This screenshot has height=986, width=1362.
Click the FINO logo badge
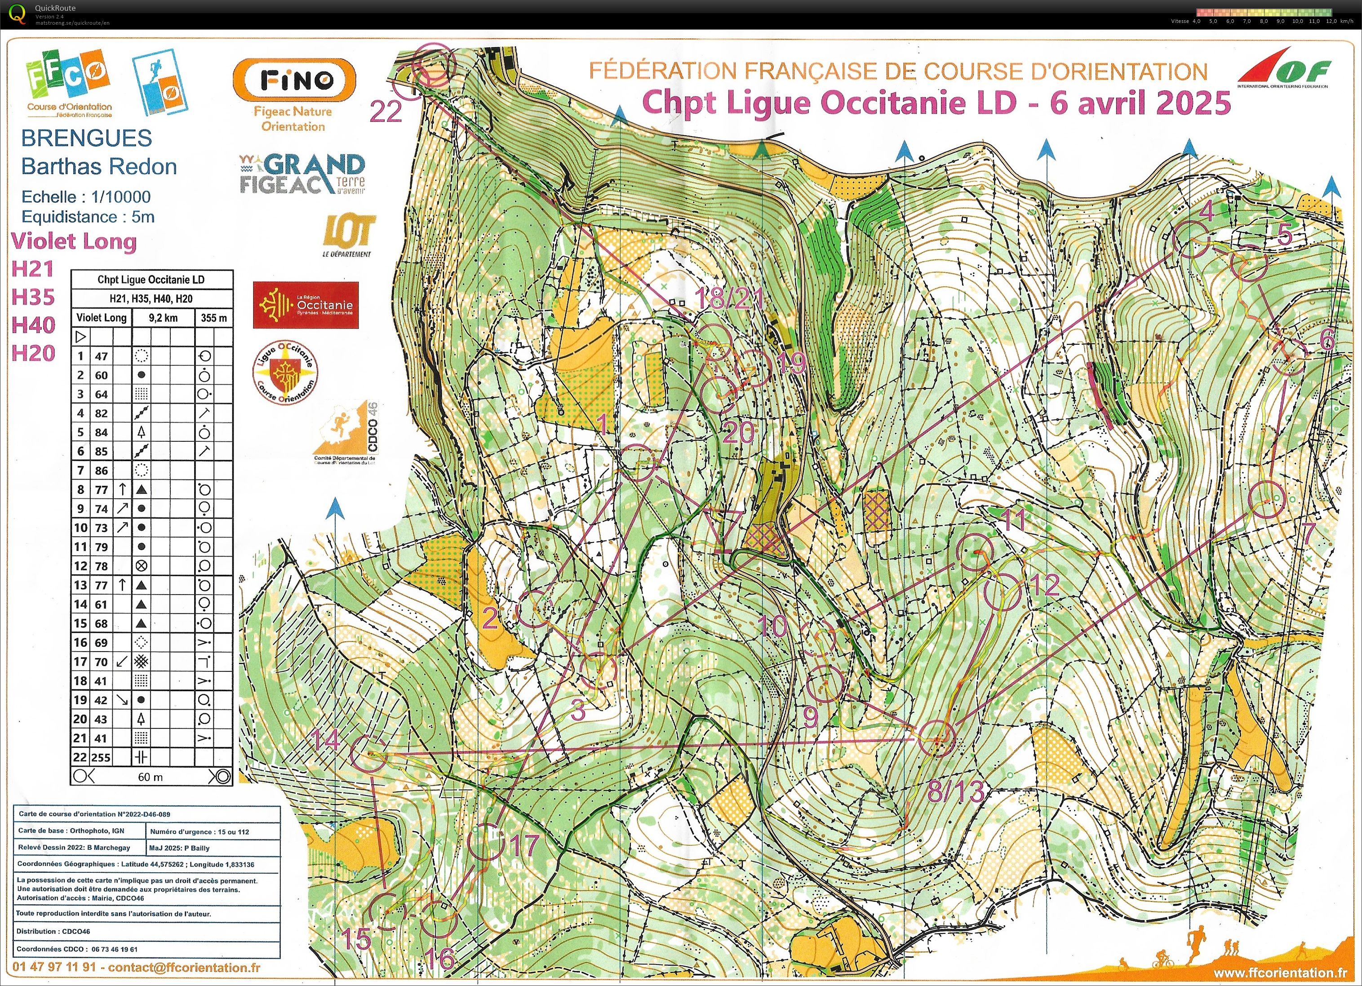(294, 79)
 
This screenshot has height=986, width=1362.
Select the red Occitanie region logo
(306, 305)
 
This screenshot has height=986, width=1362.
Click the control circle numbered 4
(1191, 239)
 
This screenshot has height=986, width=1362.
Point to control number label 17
(524, 845)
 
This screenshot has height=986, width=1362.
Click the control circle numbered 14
(368, 752)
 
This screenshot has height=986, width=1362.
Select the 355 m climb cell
(214, 318)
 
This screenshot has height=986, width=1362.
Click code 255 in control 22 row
(101, 757)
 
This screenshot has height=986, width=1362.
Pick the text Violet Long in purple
(74, 241)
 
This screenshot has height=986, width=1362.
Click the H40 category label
(33, 325)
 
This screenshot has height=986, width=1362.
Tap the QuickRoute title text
(55, 8)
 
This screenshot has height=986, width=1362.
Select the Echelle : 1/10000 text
(86, 196)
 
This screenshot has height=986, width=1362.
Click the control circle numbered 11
(974, 552)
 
